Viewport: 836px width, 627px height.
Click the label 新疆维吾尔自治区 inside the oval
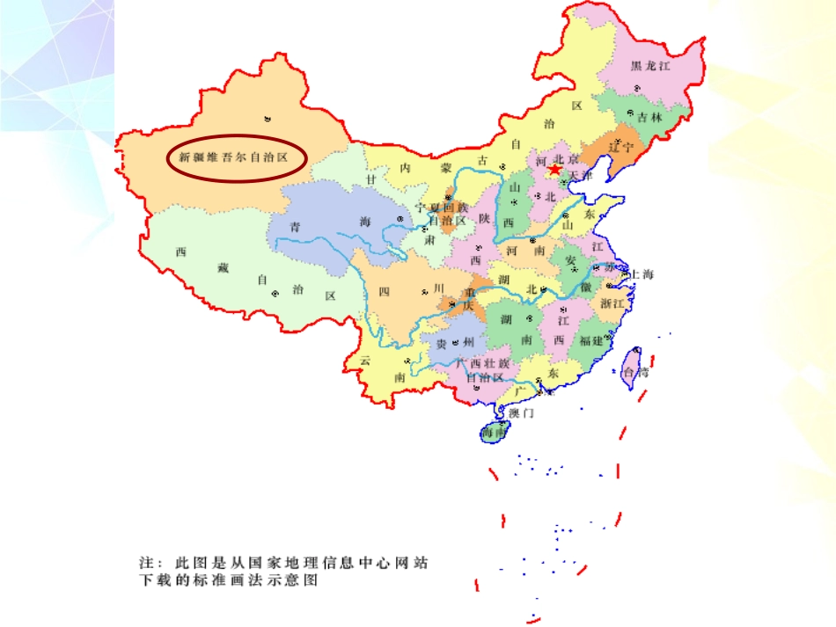click(x=233, y=158)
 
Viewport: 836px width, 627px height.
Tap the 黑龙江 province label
click(x=651, y=65)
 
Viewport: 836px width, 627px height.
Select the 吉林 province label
click(x=649, y=116)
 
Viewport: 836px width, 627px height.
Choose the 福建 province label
click(x=591, y=340)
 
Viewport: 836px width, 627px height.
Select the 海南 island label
click(x=493, y=434)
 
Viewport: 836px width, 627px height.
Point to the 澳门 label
click(x=521, y=412)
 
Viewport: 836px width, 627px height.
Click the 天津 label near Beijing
click(x=582, y=176)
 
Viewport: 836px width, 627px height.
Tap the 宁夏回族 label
click(x=441, y=207)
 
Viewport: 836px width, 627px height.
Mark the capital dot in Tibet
click(x=275, y=293)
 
